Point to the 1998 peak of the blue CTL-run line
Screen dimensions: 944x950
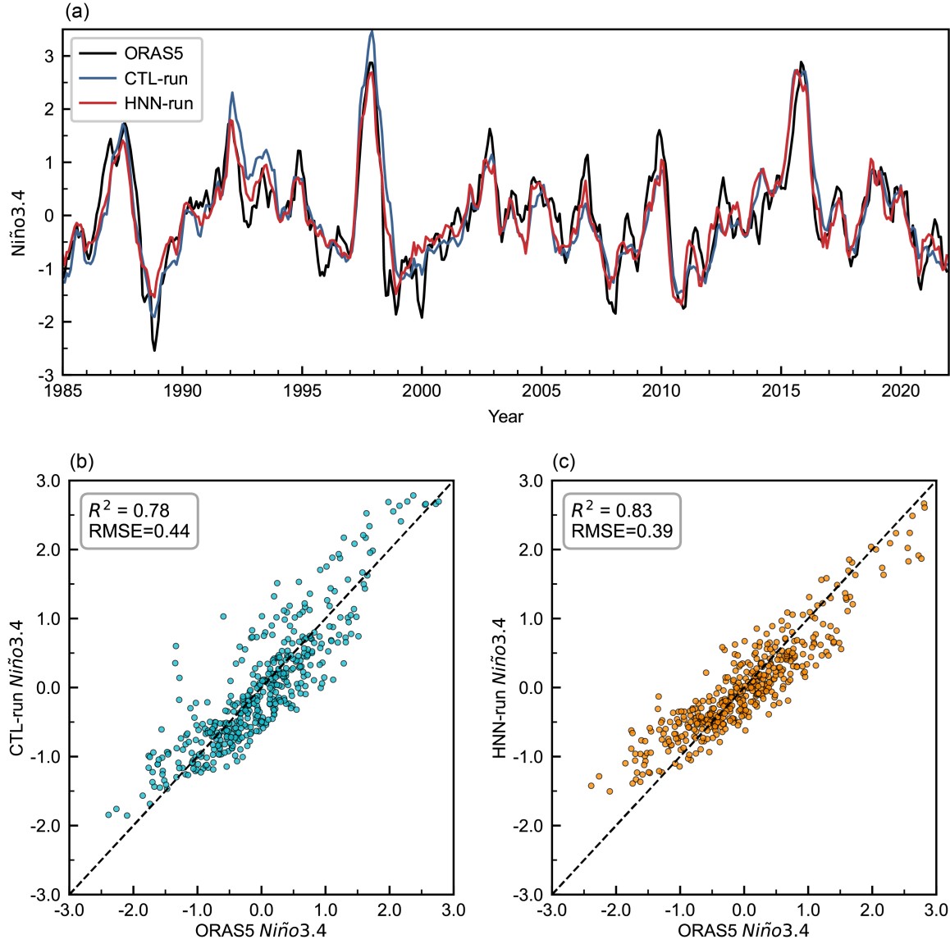click(x=372, y=32)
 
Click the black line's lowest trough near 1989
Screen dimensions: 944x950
click(x=154, y=350)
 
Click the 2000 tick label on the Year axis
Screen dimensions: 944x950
click(x=421, y=391)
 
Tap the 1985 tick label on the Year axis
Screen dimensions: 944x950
click(x=64, y=391)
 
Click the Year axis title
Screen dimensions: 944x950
click(x=505, y=417)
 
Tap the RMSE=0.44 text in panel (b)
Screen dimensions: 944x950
click(x=139, y=531)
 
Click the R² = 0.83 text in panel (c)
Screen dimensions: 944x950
click(x=612, y=510)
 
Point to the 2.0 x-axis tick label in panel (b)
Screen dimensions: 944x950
click(x=389, y=910)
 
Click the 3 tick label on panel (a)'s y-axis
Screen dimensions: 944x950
click(x=49, y=57)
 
